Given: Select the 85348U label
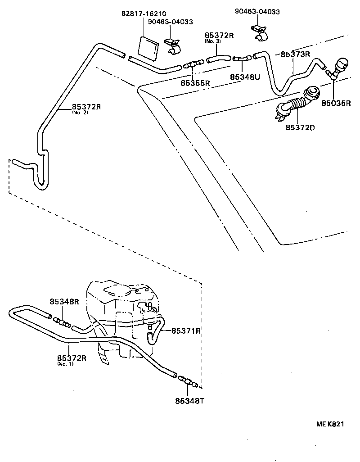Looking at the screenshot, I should click(245, 77).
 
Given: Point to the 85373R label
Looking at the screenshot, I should click(296, 54).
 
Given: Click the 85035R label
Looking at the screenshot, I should click(336, 103).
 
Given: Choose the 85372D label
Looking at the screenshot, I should click(300, 127).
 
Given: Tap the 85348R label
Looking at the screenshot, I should click(64, 302).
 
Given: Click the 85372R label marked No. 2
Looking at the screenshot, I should click(86, 107).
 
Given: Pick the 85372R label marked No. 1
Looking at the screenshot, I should click(72, 358).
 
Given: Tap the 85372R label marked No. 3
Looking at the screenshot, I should click(219, 36).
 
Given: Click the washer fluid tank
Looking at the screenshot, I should click(121, 315).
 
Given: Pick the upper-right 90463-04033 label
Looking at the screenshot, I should click(257, 12).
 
